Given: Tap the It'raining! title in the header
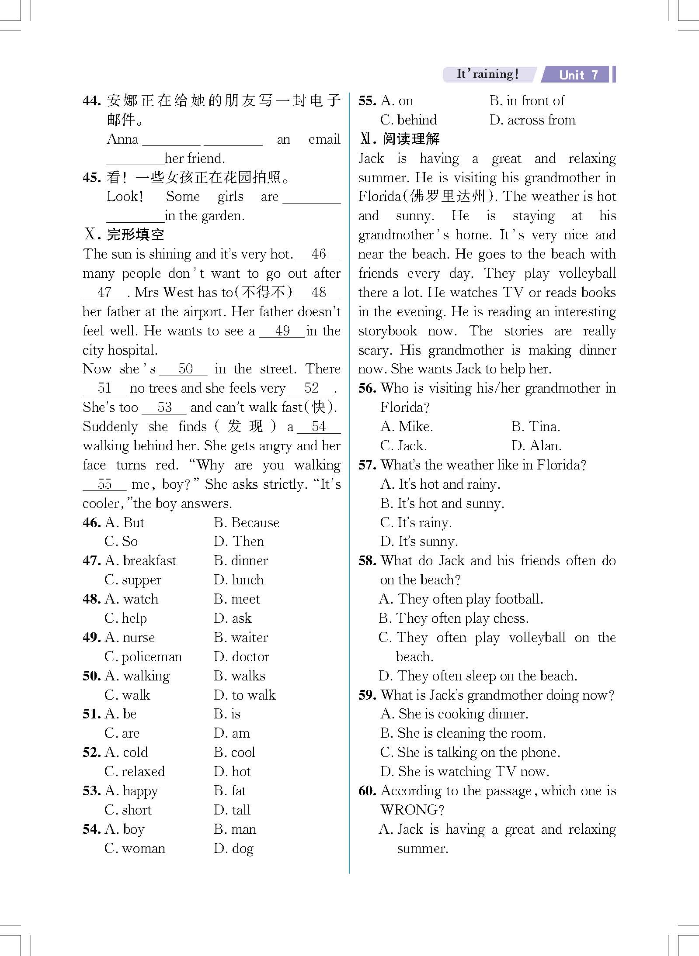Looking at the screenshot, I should click(487, 74).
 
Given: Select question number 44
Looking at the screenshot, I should click(92, 101).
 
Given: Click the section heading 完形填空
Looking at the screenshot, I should click(135, 235).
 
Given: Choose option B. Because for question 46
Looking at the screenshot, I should click(247, 522).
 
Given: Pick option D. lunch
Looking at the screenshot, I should click(239, 580).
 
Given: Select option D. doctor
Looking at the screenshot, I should click(241, 656).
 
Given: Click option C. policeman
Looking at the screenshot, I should click(143, 656).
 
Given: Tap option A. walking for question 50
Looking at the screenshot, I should click(137, 676).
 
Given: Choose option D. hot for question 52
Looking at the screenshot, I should click(232, 771).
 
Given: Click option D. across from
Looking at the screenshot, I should click(532, 120).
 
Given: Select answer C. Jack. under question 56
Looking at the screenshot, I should click(403, 446).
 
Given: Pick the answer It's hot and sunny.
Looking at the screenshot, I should click(442, 504).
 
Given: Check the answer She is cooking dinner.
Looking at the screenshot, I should click(454, 714).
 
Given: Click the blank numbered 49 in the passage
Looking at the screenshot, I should click(282, 331).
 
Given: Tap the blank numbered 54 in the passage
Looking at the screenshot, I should click(319, 426).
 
